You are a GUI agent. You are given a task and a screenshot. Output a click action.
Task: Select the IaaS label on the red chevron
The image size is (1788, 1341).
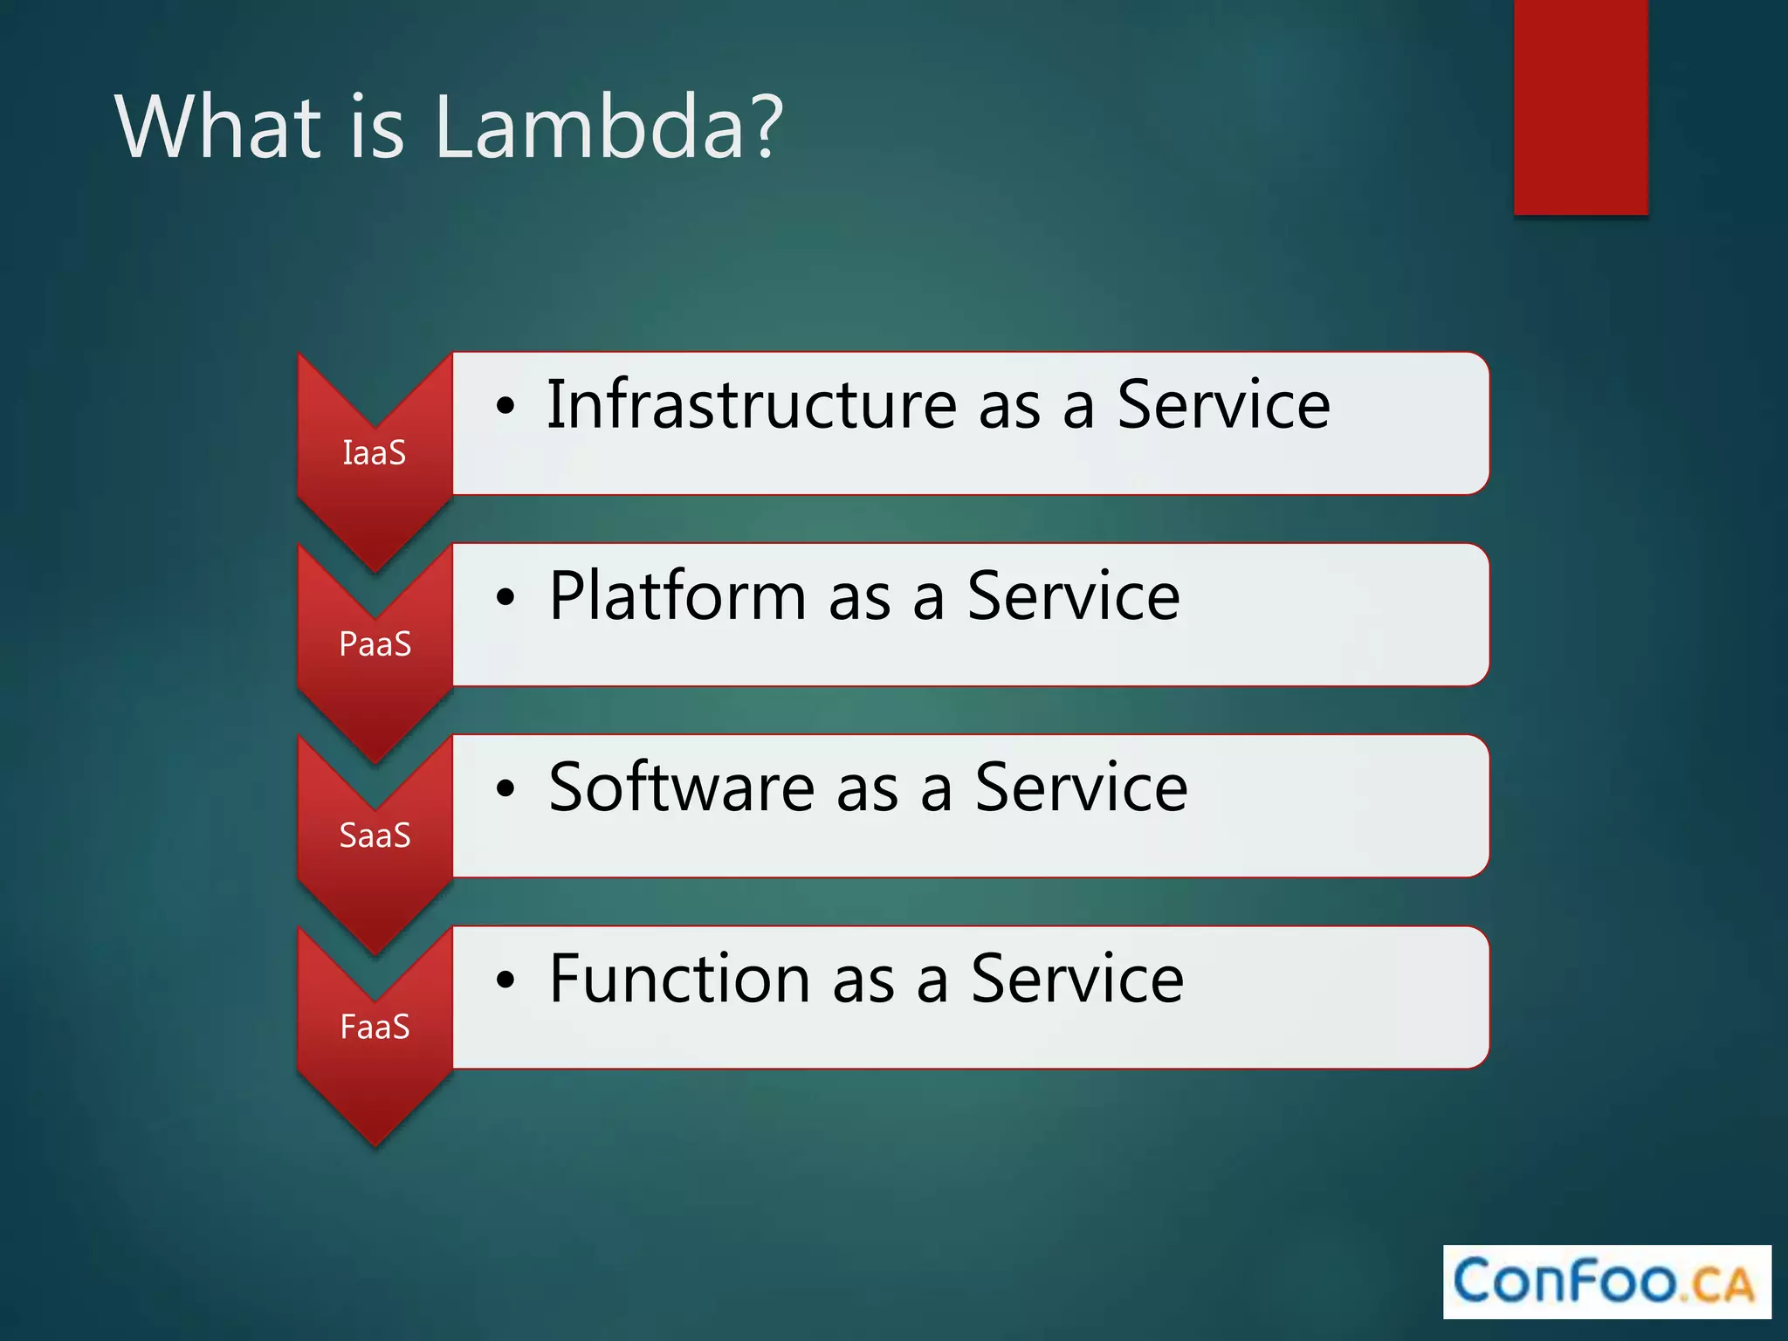tap(375, 453)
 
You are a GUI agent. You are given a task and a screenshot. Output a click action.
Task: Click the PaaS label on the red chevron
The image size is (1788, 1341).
tap(375, 644)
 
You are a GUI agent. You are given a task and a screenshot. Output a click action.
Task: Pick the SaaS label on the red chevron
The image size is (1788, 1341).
tap(375, 836)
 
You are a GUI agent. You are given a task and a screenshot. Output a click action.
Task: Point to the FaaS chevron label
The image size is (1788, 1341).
tap(375, 1027)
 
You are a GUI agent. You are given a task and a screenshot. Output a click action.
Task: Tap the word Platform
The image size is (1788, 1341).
tap(677, 596)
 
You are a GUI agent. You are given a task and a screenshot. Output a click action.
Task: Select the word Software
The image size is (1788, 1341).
tap(681, 787)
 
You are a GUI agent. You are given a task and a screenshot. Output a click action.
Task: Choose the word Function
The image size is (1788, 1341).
tap(679, 979)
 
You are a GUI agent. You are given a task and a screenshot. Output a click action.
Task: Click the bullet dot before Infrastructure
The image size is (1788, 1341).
tap(505, 407)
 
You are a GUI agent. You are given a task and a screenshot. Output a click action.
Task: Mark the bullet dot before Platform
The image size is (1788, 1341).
tap(505, 598)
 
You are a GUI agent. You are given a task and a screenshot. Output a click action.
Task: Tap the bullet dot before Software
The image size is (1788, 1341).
tap(505, 789)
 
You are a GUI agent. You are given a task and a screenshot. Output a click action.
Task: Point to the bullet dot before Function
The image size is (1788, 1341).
tap(505, 980)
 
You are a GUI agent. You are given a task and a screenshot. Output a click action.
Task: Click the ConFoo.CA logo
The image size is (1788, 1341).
tap(1606, 1282)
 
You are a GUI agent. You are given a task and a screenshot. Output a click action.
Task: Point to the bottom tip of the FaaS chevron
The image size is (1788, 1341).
tap(375, 1143)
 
